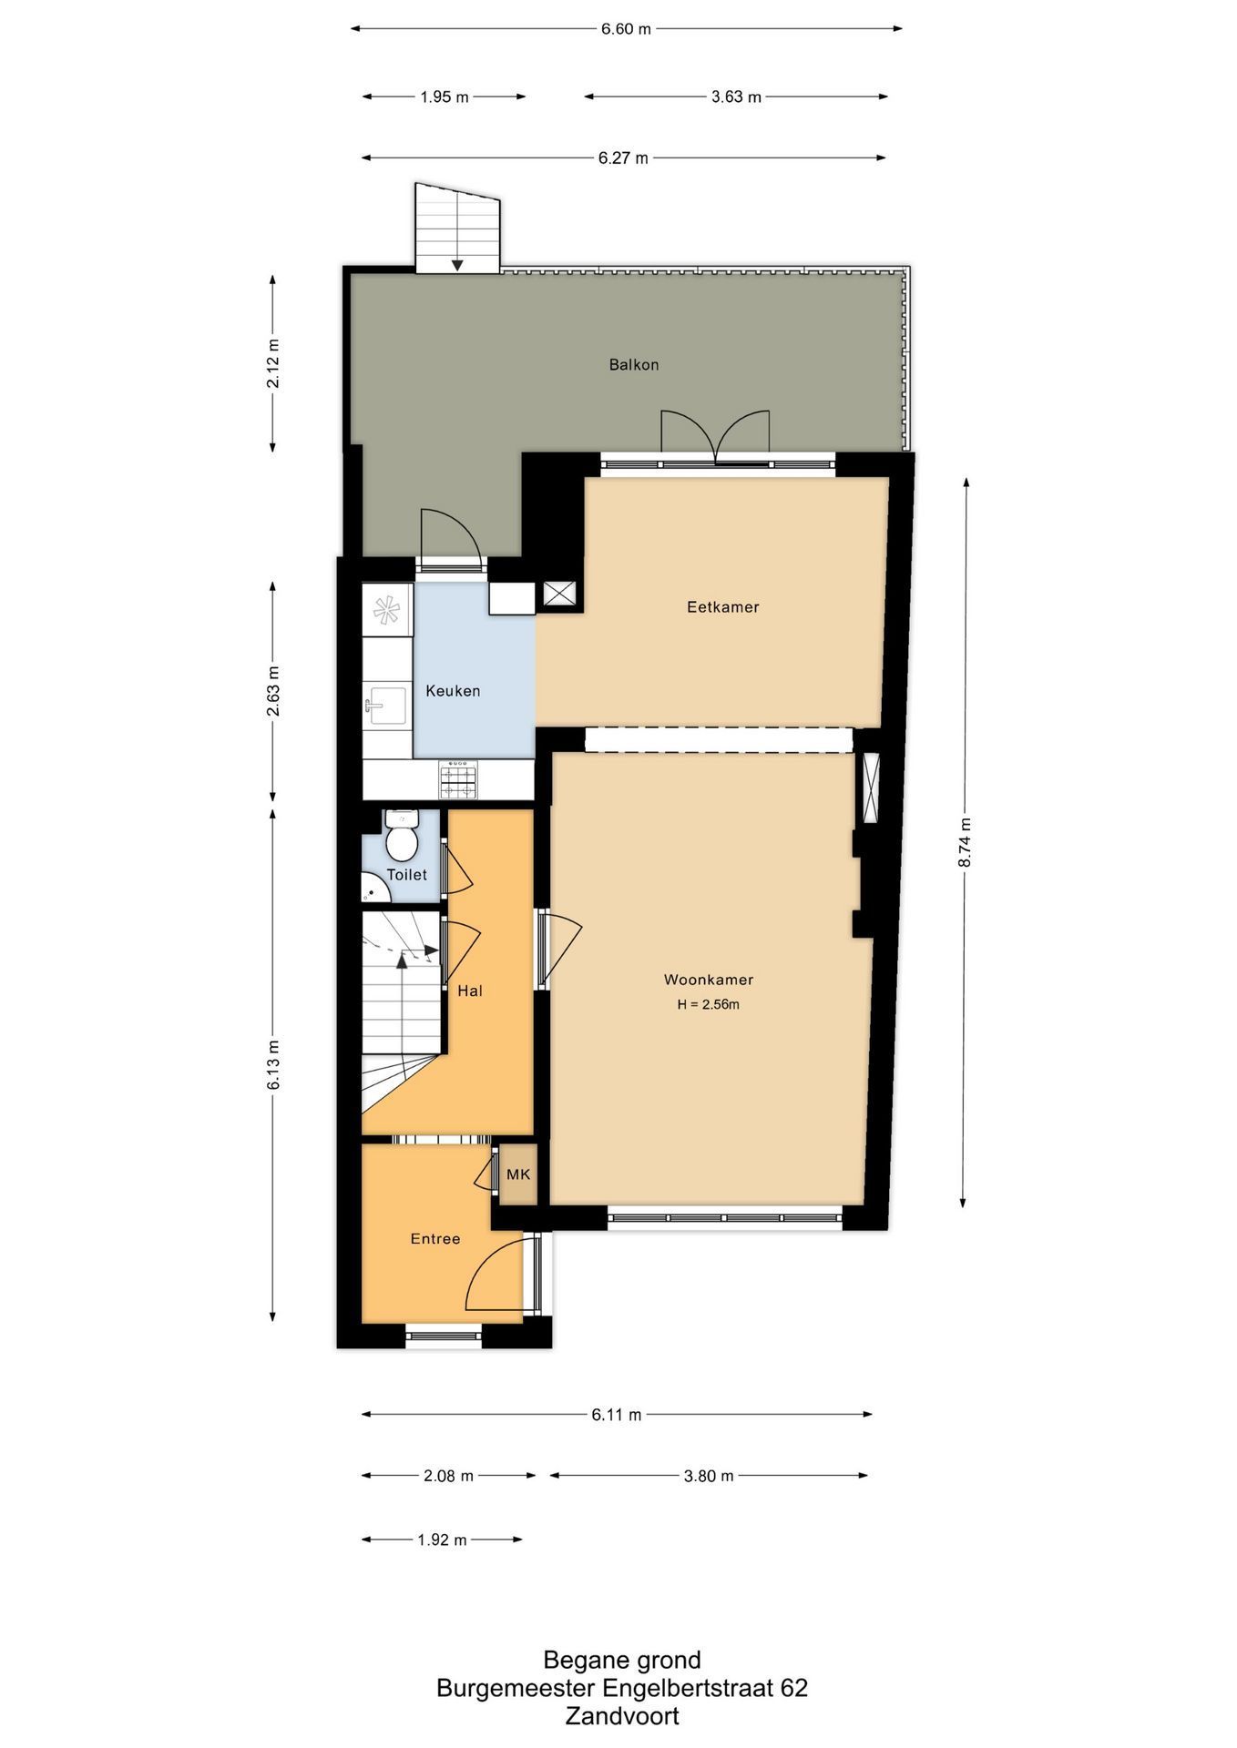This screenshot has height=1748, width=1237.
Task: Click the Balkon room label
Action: (634, 364)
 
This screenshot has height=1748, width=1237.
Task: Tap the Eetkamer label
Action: (722, 606)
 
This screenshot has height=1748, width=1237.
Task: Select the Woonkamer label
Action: (708, 980)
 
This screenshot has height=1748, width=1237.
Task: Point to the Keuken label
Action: (453, 690)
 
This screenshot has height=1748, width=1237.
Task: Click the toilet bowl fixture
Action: (401, 835)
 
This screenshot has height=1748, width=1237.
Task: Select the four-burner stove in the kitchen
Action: (458, 780)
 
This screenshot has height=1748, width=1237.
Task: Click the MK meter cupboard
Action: (517, 1174)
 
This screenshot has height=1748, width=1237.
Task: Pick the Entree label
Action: (435, 1238)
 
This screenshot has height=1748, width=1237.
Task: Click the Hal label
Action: (470, 991)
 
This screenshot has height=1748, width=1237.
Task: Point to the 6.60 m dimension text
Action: (626, 28)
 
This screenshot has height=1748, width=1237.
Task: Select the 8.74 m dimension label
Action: (965, 843)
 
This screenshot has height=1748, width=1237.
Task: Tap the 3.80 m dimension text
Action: (709, 1476)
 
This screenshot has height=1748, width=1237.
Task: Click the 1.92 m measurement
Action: (442, 1540)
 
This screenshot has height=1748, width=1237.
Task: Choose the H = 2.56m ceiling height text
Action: (708, 1005)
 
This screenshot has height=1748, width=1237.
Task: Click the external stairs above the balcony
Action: (457, 227)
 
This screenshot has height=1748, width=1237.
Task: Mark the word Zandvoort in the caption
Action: (622, 1716)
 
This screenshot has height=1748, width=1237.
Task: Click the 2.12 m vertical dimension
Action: (272, 363)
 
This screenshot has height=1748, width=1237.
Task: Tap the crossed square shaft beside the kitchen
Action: (558, 594)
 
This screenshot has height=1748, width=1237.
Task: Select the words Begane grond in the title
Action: (622, 1660)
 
